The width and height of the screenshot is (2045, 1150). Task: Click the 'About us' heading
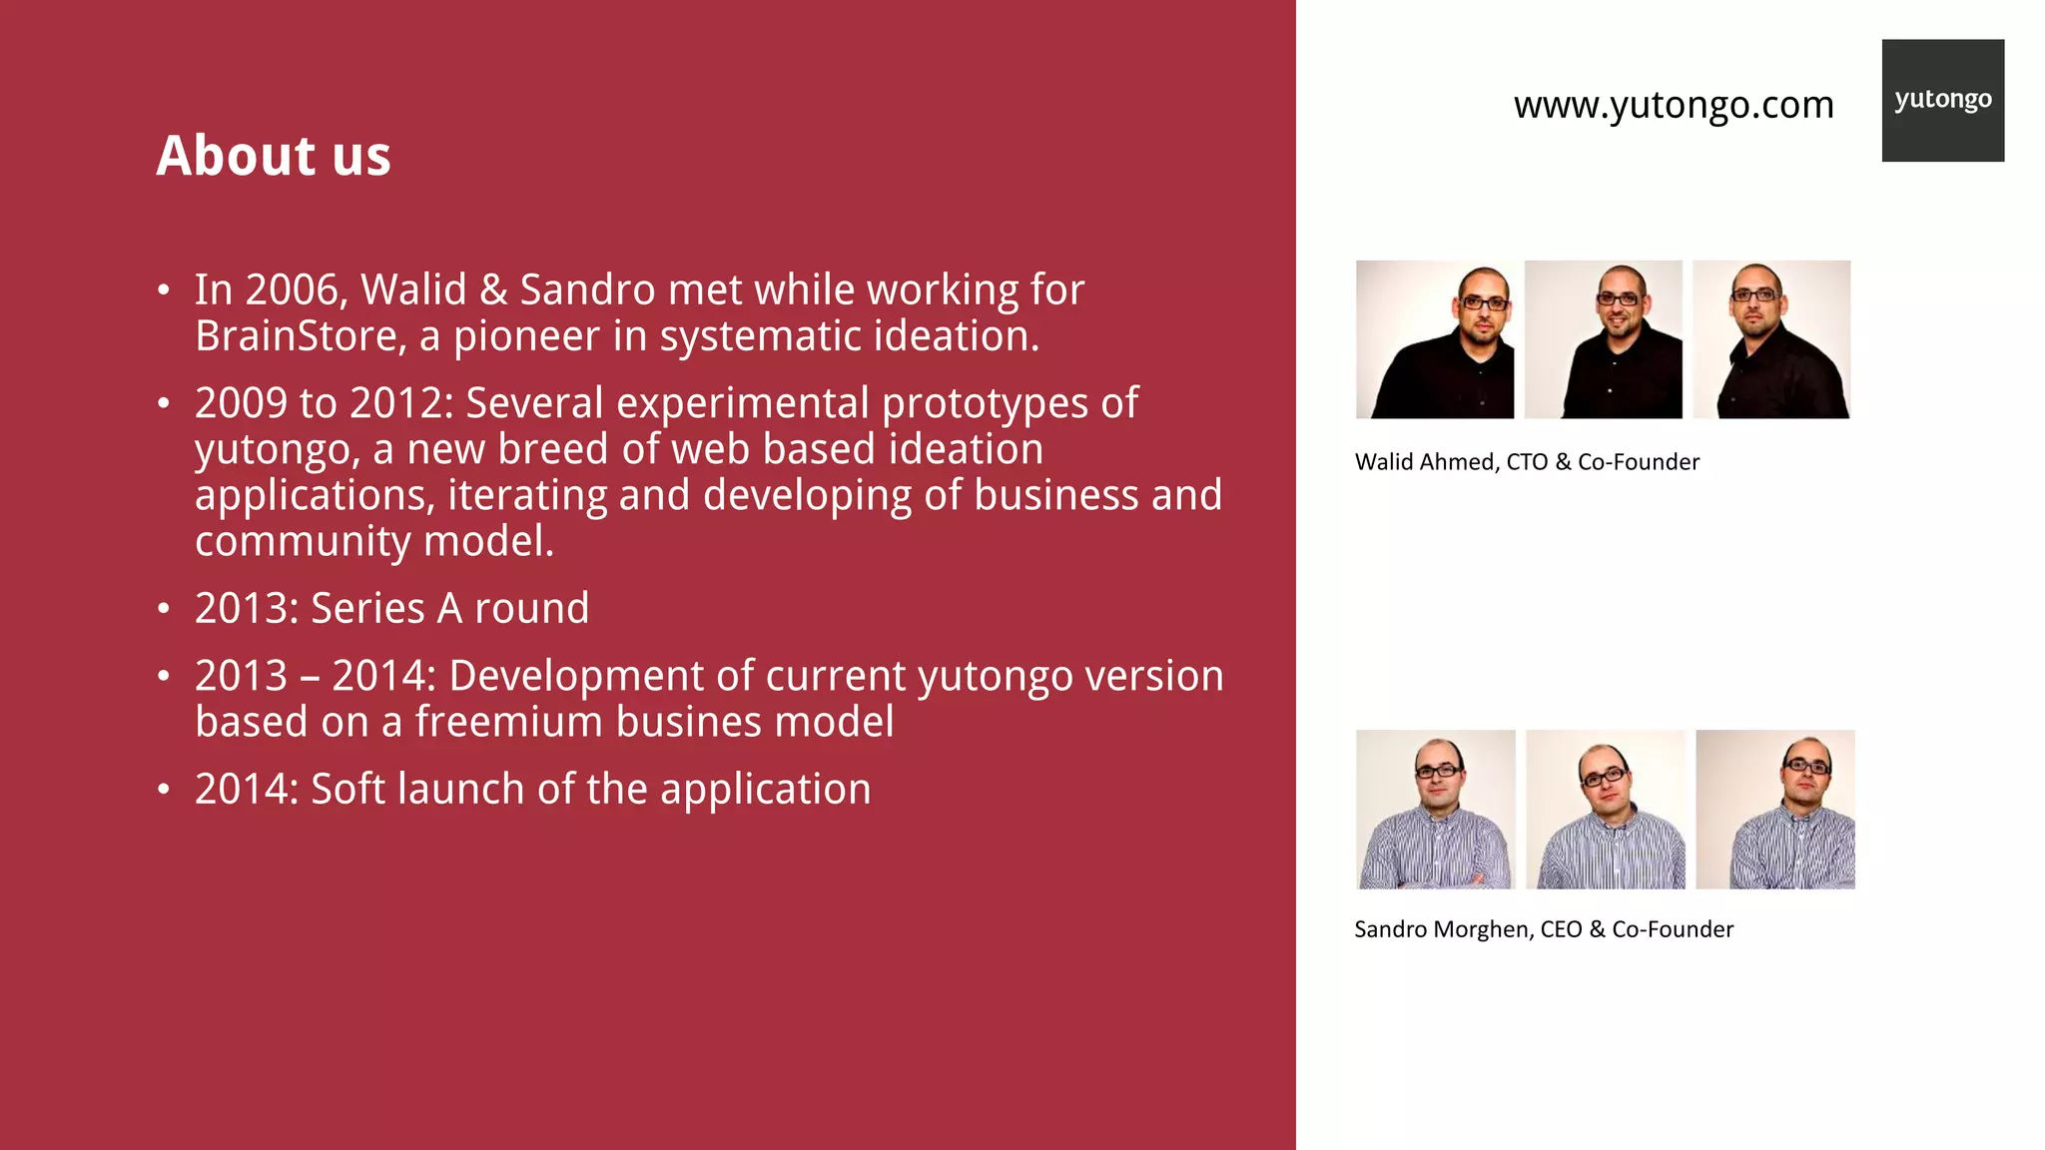[x=274, y=157]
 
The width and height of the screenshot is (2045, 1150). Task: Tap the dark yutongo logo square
[x=1942, y=100]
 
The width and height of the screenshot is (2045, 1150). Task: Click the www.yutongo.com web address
[x=1674, y=105]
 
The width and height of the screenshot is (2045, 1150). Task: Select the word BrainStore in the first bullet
[x=300, y=336]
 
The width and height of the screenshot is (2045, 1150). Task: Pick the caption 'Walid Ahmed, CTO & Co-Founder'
[x=1527, y=462]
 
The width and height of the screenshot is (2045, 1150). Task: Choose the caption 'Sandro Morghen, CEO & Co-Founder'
[x=1543, y=929]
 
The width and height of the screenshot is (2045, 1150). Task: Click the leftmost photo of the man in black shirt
[x=1435, y=339]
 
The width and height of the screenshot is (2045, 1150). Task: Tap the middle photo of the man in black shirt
[x=1603, y=339]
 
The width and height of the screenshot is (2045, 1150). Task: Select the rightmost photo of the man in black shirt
[x=1771, y=339]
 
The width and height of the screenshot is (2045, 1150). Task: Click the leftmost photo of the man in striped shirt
[x=1435, y=810]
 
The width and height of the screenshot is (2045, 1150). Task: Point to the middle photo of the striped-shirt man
[x=1605, y=810]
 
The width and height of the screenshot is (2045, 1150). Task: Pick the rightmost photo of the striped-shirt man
[x=1775, y=810]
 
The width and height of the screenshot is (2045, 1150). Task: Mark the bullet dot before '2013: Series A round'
[x=164, y=609]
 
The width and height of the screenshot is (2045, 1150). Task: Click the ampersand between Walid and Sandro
[x=493, y=290]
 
